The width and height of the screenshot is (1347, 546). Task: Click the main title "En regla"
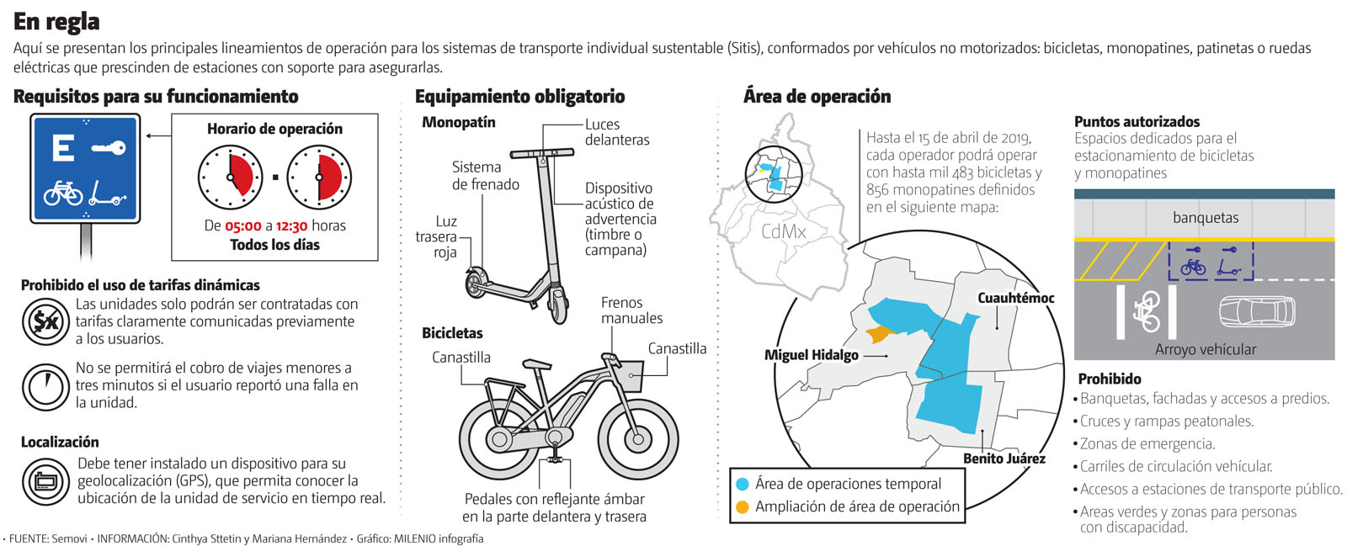[x=56, y=21]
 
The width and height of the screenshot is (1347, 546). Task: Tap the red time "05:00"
[x=242, y=225]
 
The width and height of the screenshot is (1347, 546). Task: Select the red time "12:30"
[x=291, y=225]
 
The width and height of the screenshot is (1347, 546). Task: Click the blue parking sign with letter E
[x=84, y=168]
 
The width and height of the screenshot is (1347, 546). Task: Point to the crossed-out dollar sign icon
[x=45, y=321]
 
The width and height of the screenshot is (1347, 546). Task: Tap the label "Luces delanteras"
[x=617, y=132]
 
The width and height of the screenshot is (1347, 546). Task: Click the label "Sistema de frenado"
[x=485, y=176]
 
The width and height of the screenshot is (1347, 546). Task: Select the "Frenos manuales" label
[x=631, y=310]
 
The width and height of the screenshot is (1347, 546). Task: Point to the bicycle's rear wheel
[x=498, y=438]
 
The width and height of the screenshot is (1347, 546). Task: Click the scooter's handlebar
[x=540, y=154]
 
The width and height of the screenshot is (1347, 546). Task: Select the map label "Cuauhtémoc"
[x=1015, y=298]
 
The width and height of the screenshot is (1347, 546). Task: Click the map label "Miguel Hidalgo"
[x=811, y=355]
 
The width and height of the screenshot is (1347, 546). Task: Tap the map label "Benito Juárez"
[x=1004, y=459]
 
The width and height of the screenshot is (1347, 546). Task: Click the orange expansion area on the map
[x=879, y=334]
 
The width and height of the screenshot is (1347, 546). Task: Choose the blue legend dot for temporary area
[x=742, y=484]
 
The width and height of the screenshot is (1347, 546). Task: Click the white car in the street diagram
[x=1257, y=311]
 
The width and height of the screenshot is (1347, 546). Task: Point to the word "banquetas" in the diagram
[x=1205, y=218]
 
